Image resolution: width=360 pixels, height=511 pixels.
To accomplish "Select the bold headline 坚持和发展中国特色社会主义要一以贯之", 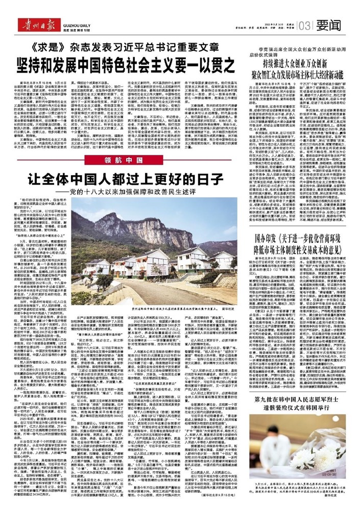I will click(x=120, y=66).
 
